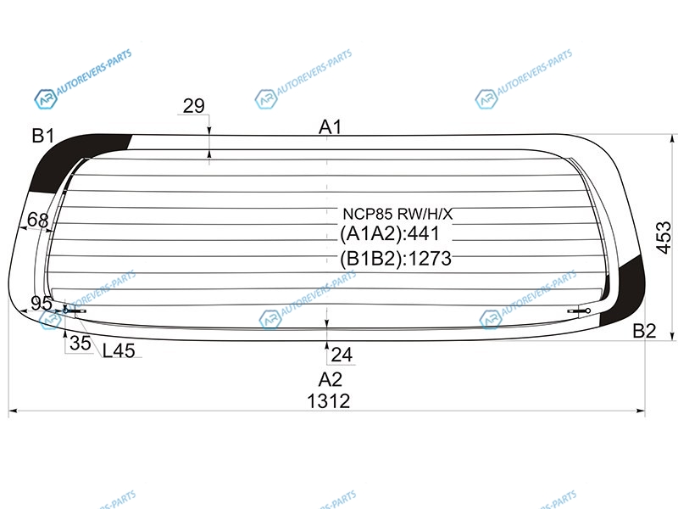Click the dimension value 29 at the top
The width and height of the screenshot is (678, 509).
(194, 105)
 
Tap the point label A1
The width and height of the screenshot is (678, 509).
(331, 127)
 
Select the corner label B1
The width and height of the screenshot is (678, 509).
(43, 136)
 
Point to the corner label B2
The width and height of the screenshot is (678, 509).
(644, 331)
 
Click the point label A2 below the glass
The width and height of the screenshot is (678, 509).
(331, 379)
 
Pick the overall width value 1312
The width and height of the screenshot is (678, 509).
(329, 401)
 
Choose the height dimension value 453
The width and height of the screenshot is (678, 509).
(664, 238)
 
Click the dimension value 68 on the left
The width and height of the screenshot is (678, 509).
(37, 220)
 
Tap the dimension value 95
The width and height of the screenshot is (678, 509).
(42, 304)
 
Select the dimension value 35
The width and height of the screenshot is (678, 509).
(81, 344)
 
